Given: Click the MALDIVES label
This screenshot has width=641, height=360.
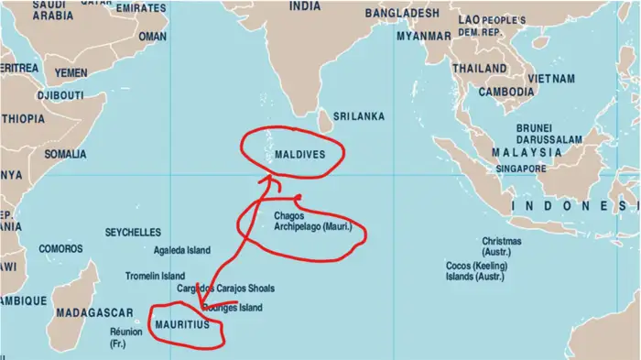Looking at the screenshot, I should point(299,155).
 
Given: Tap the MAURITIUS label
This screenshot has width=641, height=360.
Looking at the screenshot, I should point(183,325).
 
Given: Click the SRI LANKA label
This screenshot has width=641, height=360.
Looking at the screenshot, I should point(358,116).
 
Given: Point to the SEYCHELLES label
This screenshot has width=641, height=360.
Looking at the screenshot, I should point(133,233).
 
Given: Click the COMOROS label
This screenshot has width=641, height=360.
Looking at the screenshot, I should point(60,248).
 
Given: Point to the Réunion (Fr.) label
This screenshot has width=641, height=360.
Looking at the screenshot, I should point(126,337).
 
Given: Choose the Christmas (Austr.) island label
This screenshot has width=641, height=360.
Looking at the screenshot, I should point(502,246).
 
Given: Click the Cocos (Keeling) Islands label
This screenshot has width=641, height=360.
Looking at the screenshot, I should point(474,270).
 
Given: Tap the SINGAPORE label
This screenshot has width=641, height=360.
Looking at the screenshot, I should point(522,169).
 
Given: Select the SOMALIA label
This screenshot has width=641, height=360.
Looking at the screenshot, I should point(65,154).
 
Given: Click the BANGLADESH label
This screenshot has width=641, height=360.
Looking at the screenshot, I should point(402,14).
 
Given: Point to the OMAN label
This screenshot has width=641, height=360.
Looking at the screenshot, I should point(152,37).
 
